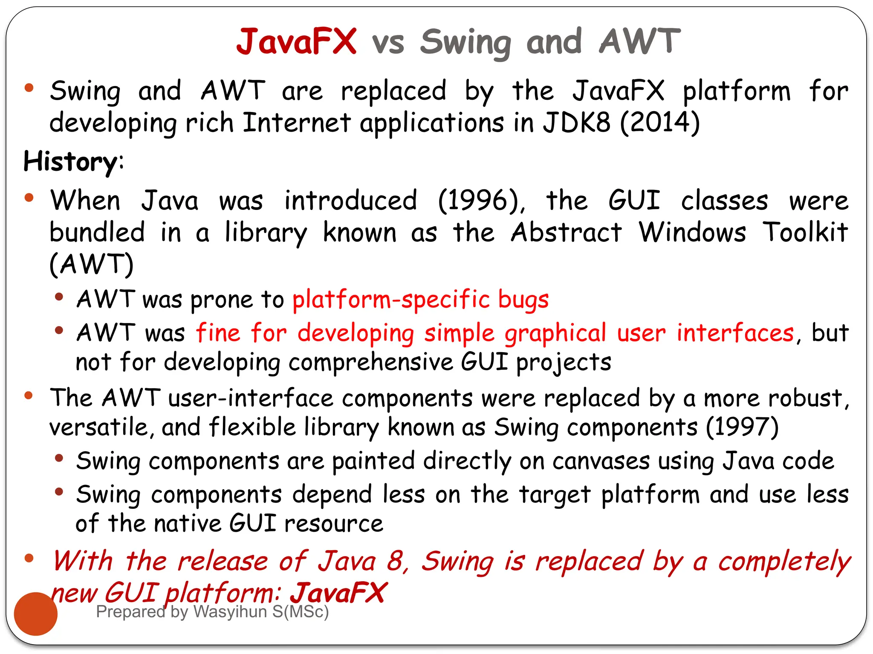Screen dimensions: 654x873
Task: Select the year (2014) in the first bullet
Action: (660, 123)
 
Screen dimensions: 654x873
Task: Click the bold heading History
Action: (70, 162)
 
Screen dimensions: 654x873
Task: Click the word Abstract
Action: (566, 232)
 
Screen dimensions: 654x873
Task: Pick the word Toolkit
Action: (805, 232)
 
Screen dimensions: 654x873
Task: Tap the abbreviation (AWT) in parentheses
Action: (92, 264)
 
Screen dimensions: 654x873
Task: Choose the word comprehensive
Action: (370, 362)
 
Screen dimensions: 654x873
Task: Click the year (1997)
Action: (742, 427)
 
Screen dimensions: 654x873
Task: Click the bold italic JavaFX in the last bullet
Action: (338, 593)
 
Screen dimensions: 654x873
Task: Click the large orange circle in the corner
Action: (36, 614)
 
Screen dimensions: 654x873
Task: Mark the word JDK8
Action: (576, 123)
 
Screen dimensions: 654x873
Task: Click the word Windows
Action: (692, 232)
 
